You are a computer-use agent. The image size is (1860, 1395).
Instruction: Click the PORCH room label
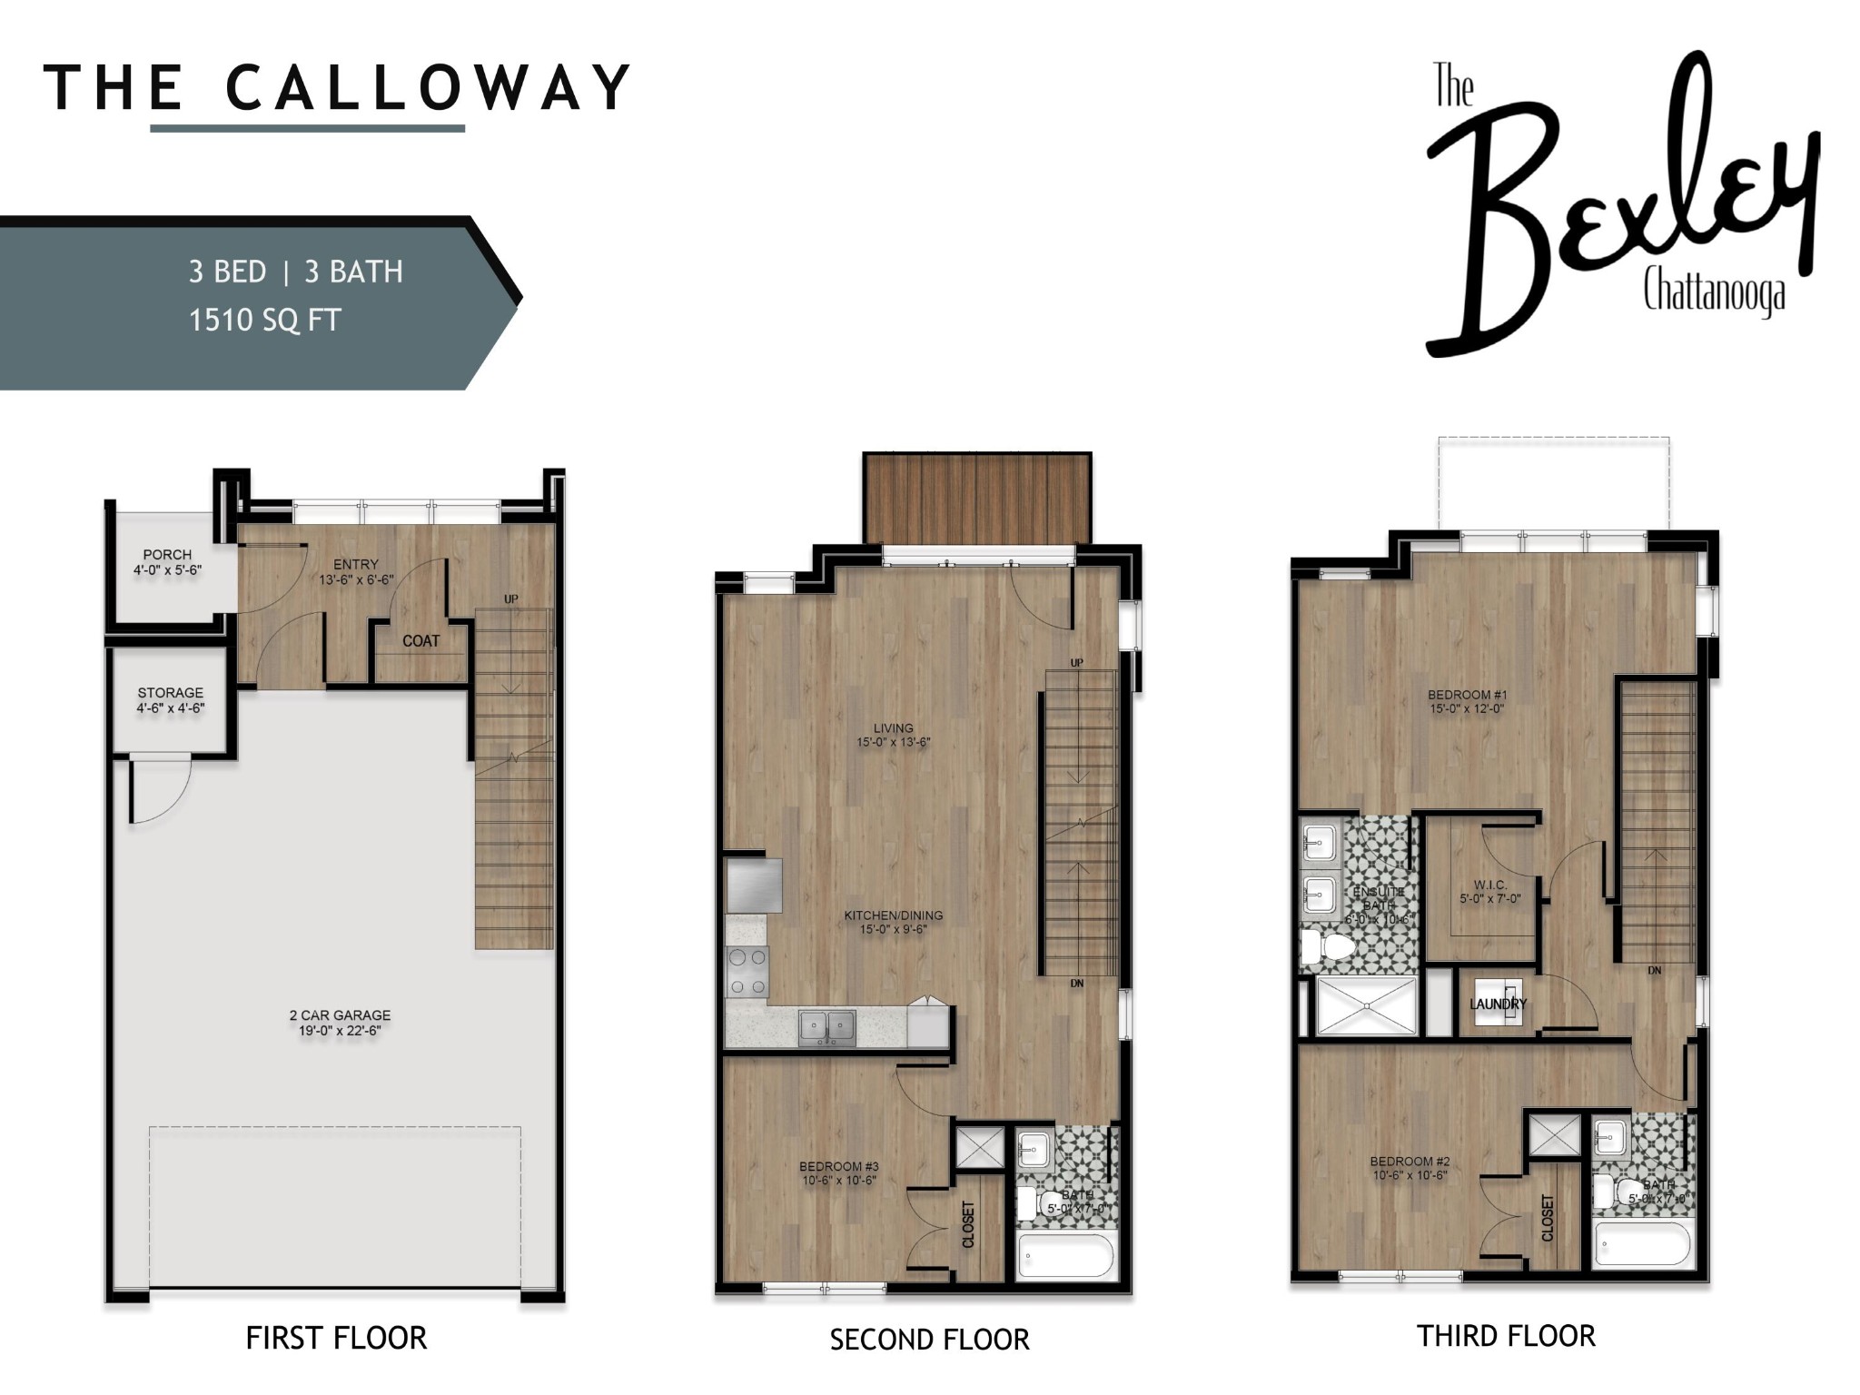(167, 554)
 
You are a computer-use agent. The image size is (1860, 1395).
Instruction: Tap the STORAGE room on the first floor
(170, 700)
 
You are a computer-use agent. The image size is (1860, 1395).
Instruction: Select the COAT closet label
(420, 641)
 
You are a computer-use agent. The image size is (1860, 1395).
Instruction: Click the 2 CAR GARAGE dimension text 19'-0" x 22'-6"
(340, 1031)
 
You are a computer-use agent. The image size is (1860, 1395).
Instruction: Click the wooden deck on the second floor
(976, 498)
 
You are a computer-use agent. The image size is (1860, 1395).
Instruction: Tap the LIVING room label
(893, 728)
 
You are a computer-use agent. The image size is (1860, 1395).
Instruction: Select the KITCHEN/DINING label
(893, 915)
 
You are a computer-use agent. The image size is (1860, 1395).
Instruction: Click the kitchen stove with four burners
(747, 972)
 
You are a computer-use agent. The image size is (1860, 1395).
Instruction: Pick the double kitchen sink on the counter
(826, 1027)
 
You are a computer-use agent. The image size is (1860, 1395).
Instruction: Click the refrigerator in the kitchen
(754, 885)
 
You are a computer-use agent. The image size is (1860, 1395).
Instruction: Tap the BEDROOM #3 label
(838, 1167)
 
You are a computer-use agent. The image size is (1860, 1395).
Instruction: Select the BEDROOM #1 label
(1467, 696)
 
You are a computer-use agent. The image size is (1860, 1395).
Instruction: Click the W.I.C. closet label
(1489, 885)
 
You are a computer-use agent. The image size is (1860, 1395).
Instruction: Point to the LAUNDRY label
(1498, 1004)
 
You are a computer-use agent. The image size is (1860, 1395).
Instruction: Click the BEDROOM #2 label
(1410, 1162)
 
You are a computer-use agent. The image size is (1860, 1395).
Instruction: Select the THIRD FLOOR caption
(1505, 1336)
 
